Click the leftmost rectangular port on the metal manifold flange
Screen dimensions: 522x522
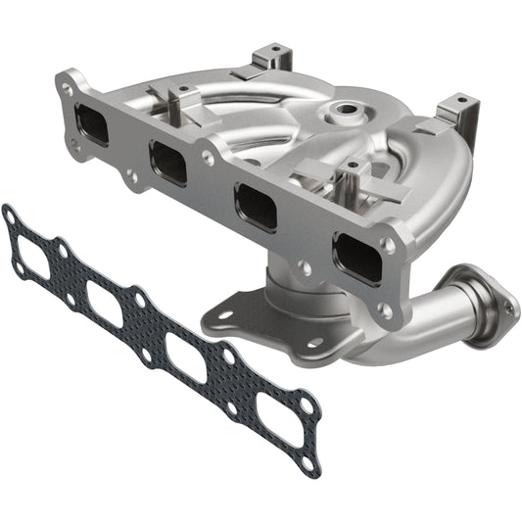coord(94,125)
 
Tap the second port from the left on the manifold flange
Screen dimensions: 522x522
coord(168,161)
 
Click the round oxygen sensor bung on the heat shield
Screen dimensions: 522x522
coord(346,113)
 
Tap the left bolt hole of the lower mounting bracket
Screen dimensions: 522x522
coord(224,316)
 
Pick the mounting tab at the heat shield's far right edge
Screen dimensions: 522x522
coord(458,109)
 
